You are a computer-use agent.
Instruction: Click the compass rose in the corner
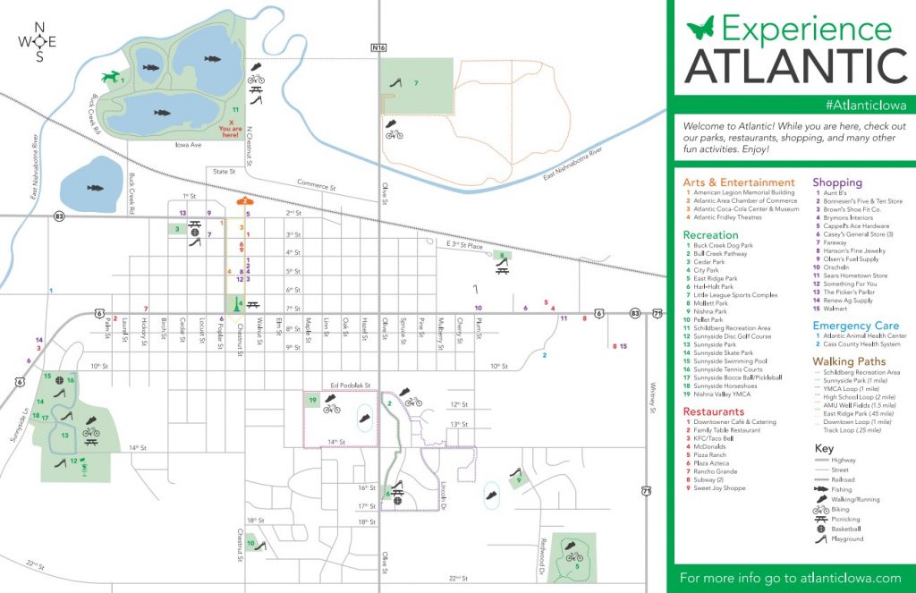(x=38, y=41)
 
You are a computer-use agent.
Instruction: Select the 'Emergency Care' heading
(x=855, y=326)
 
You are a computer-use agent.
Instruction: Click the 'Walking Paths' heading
(x=848, y=361)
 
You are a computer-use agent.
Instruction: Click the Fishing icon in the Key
(x=822, y=490)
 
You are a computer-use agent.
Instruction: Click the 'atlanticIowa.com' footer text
(x=847, y=578)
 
